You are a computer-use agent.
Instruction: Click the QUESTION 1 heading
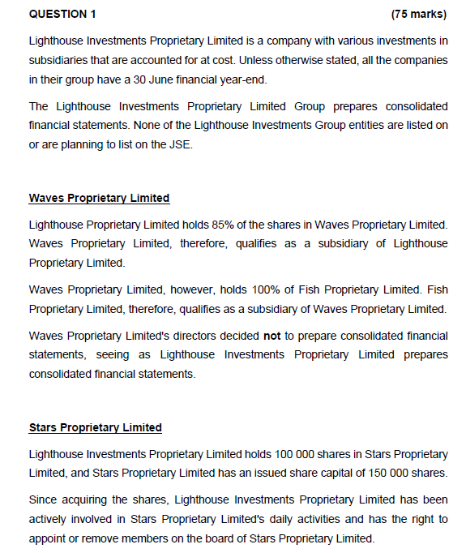click(x=62, y=13)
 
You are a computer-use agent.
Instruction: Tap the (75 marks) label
click(x=418, y=13)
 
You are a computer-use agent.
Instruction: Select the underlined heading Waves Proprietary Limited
click(x=99, y=198)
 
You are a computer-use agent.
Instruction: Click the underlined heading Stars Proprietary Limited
click(x=95, y=427)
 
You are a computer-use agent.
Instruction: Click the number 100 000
click(x=249, y=454)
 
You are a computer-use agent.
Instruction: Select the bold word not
click(x=272, y=336)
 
